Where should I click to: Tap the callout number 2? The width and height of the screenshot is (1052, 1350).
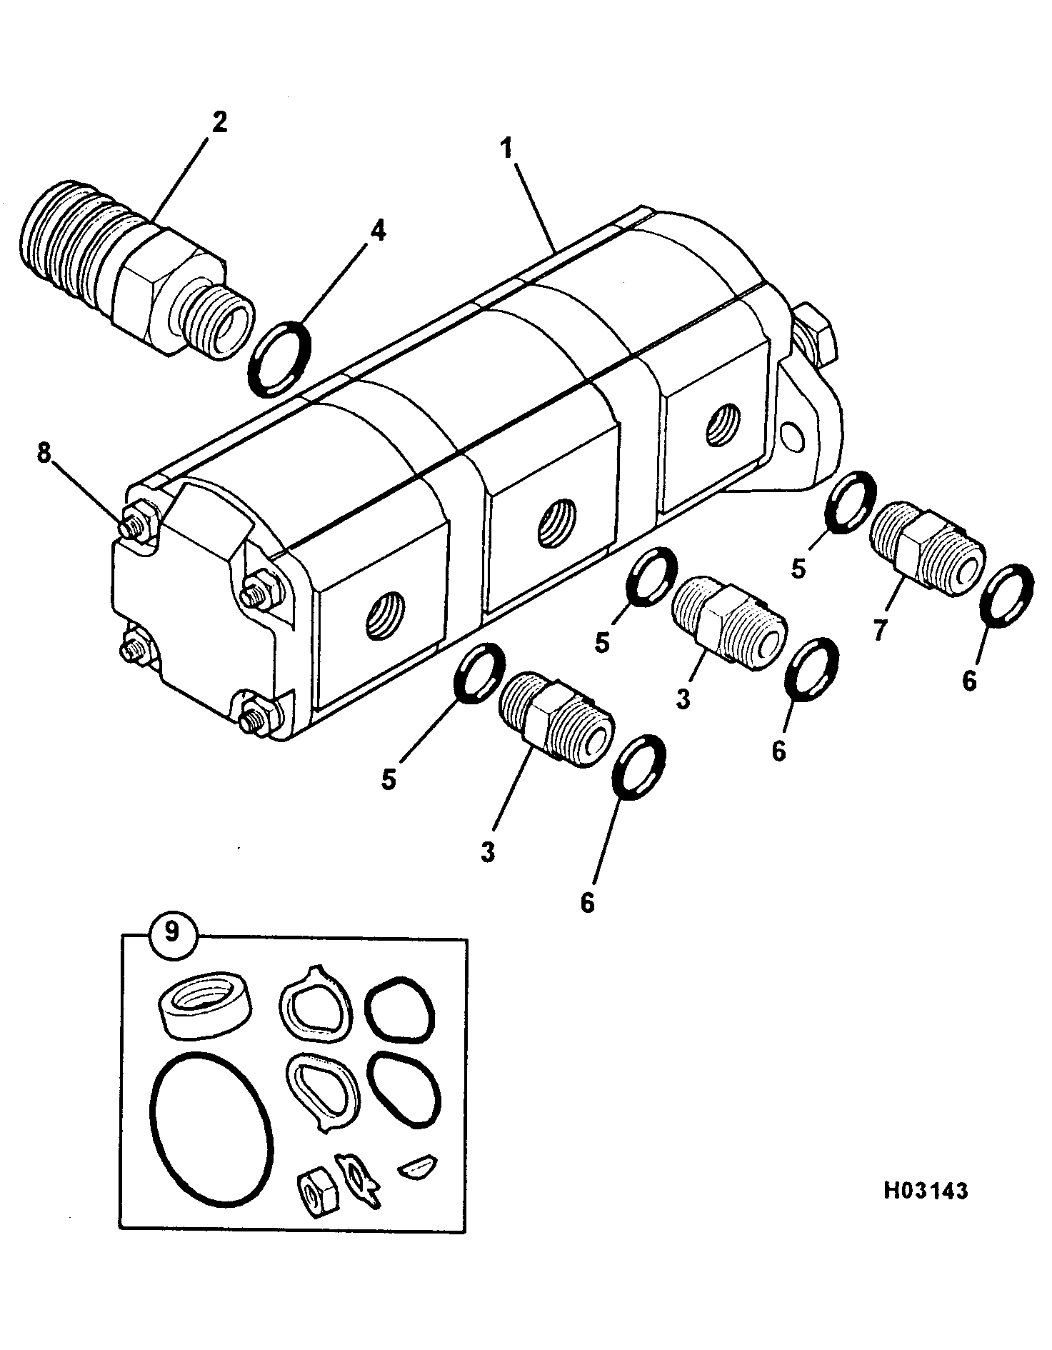click(x=219, y=121)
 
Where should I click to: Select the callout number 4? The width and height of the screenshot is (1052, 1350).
click(x=377, y=231)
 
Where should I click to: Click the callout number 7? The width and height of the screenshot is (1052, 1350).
click(x=880, y=629)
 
